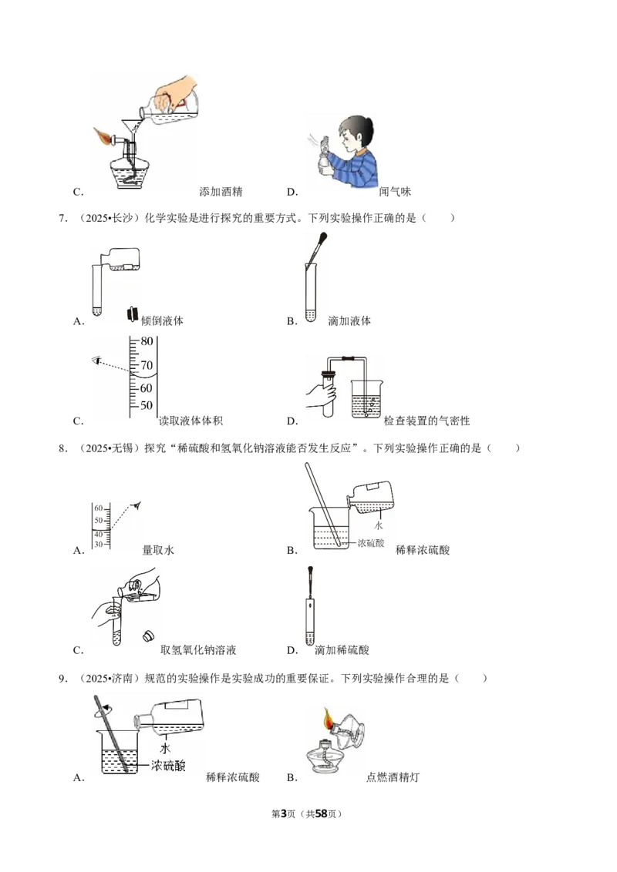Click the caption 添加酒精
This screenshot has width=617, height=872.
pyautogui.click(x=221, y=192)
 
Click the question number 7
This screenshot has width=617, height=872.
pyautogui.click(x=63, y=218)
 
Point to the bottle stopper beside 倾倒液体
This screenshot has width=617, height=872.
pyautogui.click(x=132, y=314)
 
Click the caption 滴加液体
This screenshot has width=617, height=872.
pyautogui.click(x=349, y=321)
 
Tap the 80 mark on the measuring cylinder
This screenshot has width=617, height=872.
pyautogui.click(x=147, y=341)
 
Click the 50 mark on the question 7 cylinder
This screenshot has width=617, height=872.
pyautogui.click(x=146, y=405)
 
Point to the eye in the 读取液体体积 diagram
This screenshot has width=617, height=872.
pyautogui.click(x=96, y=361)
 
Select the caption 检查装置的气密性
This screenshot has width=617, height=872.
pyautogui.click(x=427, y=421)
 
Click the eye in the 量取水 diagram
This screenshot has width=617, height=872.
pyautogui.click(x=136, y=506)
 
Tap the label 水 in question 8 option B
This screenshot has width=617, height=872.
pyautogui.click(x=379, y=525)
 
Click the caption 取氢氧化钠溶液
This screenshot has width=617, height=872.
pyautogui.click(x=198, y=650)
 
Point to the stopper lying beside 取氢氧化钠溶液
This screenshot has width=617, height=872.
pyautogui.click(x=149, y=636)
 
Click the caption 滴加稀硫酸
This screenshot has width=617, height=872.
pyautogui.click(x=342, y=650)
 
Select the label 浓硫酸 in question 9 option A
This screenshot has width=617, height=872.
pyautogui.click(x=168, y=766)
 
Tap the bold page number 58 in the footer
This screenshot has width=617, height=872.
pyautogui.click(x=322, y=813)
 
